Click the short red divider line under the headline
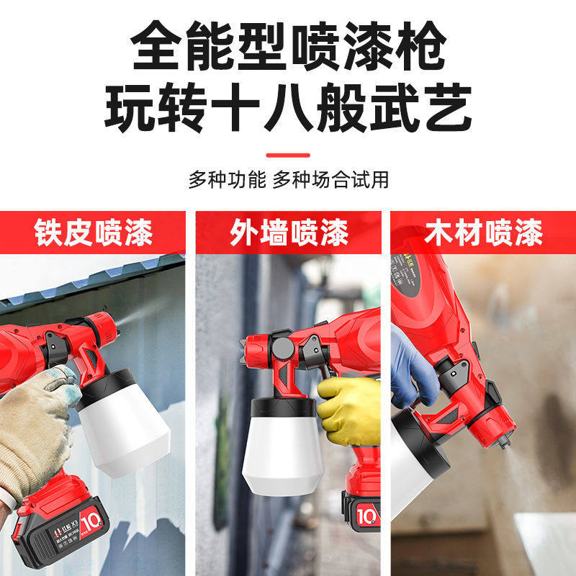click(x=288, y=154)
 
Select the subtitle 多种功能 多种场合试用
click(x=288, y=179)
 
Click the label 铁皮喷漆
click(x=94, y=233)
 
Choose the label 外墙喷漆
click(x=289, y=233)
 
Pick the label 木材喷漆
click(x=484, y=233)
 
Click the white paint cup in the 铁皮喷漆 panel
click(x=122, y=432)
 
